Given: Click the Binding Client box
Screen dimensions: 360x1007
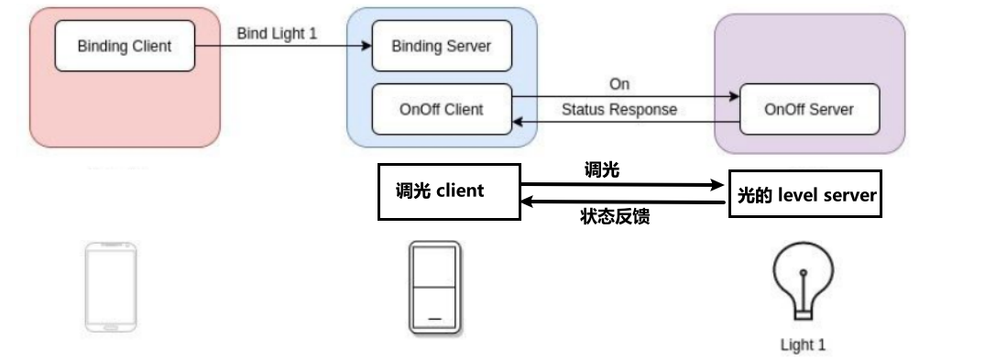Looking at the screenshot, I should tap(124, 46).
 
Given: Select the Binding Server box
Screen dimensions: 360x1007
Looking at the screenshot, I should tap(440, 46).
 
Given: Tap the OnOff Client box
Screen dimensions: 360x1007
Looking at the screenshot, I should tap(440, 109).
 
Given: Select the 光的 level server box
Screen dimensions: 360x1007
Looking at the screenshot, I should tap(805, 194).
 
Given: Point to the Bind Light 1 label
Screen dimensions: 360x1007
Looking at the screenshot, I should tap(277, 33).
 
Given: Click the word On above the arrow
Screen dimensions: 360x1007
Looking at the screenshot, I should tap(619, 84).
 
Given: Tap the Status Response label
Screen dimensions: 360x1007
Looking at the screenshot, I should tap(618, 109).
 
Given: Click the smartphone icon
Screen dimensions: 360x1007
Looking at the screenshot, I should tap(110, 287).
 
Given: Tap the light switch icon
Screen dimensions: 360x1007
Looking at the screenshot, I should tap(434, 289).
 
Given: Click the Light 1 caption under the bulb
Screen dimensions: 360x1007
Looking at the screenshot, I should tap(803, 345).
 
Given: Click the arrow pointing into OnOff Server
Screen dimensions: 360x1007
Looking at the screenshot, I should tap(623, 95).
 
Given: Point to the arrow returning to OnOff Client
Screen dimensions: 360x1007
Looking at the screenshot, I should tap(623, 123).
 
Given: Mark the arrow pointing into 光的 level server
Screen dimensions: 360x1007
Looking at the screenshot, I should tap(623, 183).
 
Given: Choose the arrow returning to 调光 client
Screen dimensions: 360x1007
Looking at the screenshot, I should tap(623, 202).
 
